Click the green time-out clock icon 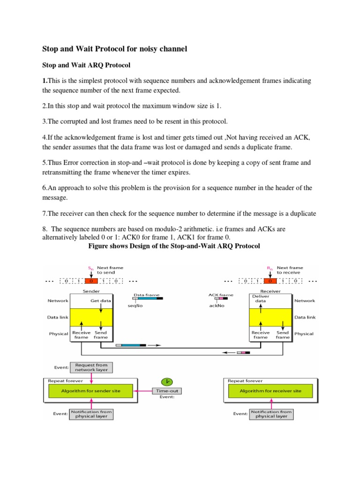coord(167,382)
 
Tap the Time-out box coord(167,391)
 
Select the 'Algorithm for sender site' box coord(90,391)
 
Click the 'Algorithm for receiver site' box coord(270,391)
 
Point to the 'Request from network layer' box coord(91,367)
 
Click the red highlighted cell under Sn coord(91,281)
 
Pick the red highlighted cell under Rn coord(270,281)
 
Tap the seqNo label coord(135,306)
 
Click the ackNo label coord(217,306)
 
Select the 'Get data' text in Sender coord(100,300)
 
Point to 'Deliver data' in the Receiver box coord(261,299)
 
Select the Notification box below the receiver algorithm coord(271,414)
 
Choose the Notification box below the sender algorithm coord(91,414)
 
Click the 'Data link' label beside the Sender coord(58,317)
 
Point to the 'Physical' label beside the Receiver coord(304,334)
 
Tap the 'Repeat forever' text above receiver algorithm coord(245,381)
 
